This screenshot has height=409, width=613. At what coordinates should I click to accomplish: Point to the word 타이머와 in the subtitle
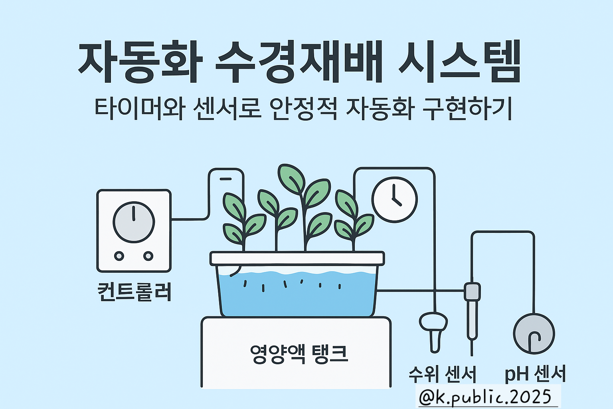[140, 108]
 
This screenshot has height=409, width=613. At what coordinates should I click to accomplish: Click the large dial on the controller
[134, 222]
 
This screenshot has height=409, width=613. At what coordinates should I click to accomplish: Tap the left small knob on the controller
[119, 256]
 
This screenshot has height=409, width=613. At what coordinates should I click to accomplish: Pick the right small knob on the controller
[148, 256]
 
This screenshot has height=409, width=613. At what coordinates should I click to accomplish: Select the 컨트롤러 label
[134, 292]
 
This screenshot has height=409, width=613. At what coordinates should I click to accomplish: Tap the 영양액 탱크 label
[299, 353]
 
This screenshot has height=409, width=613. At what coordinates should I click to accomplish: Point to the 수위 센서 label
[442, 374]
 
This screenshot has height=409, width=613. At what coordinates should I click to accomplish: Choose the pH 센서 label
[535, 374]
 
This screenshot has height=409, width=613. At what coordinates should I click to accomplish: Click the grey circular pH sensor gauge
[534, 334]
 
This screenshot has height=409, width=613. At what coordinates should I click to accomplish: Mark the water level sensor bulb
[433, 322]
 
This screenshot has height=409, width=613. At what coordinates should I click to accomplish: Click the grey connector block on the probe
[472, 292]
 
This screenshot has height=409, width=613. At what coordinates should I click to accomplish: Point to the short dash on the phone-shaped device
[225, 179]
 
